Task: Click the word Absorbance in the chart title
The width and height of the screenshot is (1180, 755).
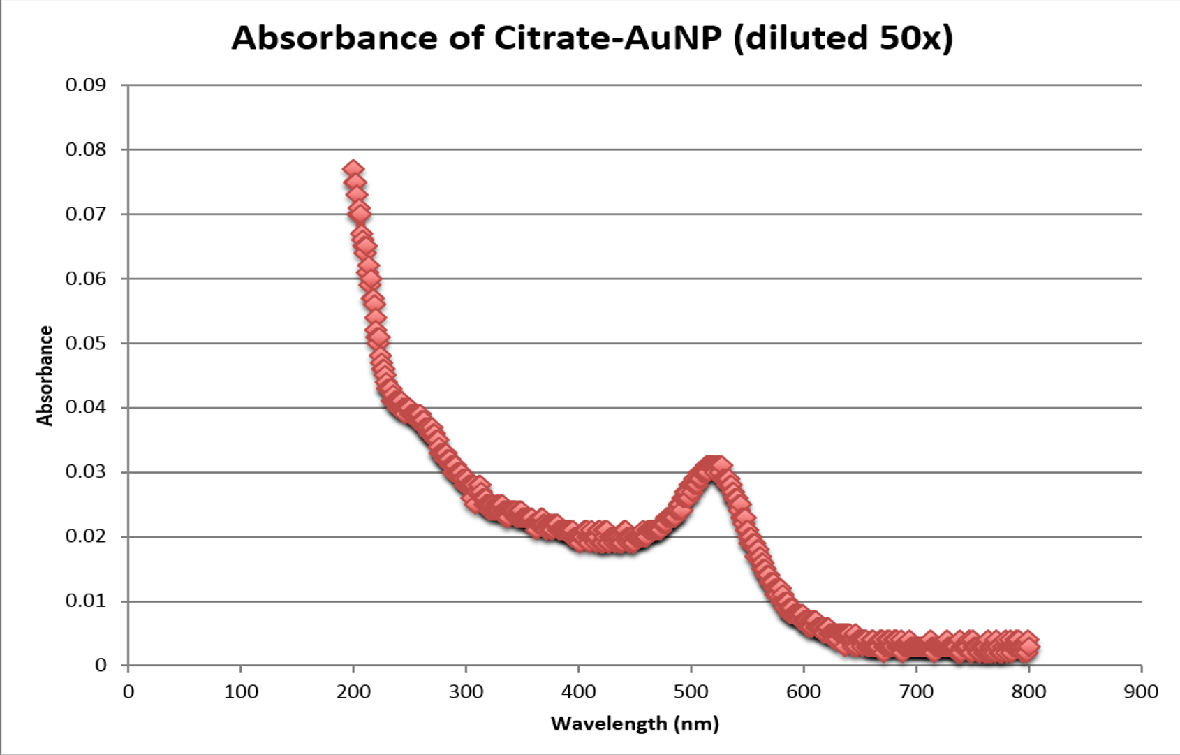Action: click(x=335, y=38)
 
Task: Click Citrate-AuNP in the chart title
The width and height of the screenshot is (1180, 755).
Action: click(x=607, y=38)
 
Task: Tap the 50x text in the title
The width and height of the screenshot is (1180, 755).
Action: click(x=910, y=38)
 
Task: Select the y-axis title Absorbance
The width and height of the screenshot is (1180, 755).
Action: click(x=45, y=376)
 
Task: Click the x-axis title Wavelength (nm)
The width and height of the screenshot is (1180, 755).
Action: click(x=635, y=724)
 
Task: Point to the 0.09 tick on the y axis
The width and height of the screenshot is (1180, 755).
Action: click(x=86, y=85)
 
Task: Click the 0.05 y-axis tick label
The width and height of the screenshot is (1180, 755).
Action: click(x=86, y=343)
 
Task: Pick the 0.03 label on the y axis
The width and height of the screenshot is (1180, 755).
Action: click(x=86, y=472)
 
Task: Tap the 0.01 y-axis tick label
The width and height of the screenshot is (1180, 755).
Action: click(x=86, y=601)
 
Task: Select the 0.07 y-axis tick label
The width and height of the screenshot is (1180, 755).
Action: click(x=86, y=214)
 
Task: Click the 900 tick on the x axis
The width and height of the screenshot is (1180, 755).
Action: click(x=1142, y=692)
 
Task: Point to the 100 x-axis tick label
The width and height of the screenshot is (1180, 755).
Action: click(x=241, y=692)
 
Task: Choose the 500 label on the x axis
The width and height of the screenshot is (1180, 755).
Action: click(x=691, y=692)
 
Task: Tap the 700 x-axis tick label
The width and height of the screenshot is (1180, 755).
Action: click(x=916, y=692)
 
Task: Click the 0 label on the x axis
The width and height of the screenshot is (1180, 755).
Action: click(x=128, y=692)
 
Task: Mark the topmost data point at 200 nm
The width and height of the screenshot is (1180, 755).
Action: click(x=353, y=170)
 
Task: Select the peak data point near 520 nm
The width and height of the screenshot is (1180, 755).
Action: click(x=712, y=465)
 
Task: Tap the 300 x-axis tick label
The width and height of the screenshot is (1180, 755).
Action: click(x=466, y=692)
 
